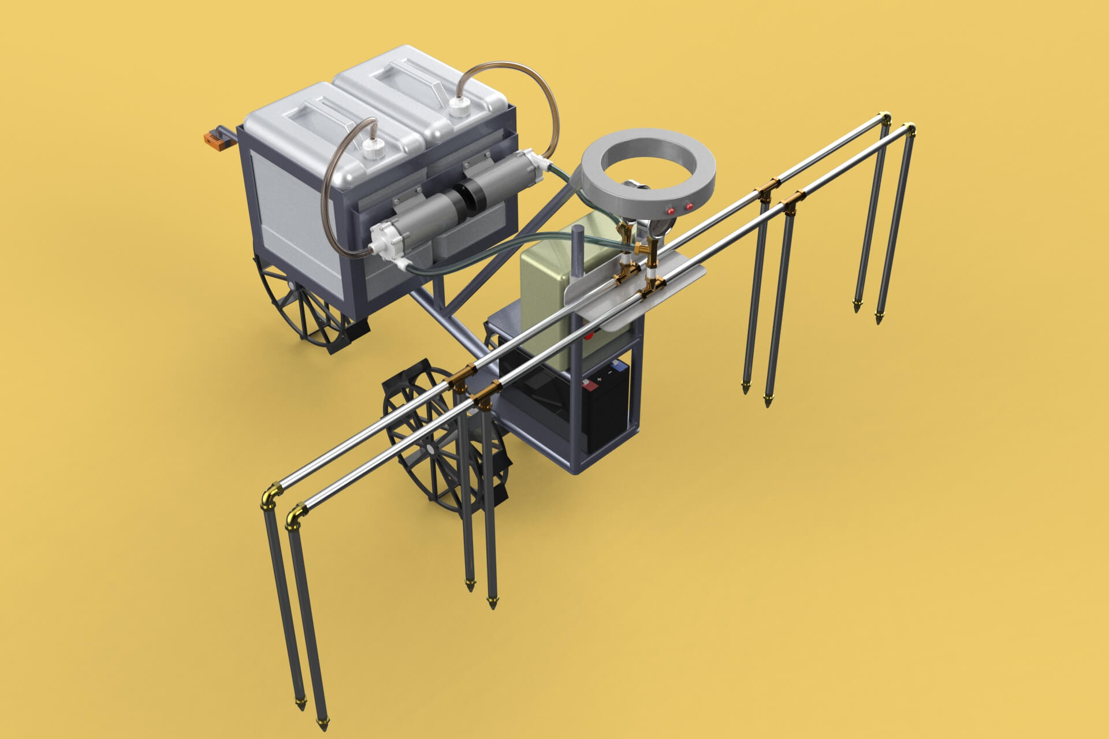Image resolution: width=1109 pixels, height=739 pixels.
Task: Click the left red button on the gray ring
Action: pos(671,211)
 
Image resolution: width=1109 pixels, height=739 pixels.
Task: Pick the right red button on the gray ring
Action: pos(689,206)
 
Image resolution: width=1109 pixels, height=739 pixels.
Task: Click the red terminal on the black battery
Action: pos(590,383)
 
